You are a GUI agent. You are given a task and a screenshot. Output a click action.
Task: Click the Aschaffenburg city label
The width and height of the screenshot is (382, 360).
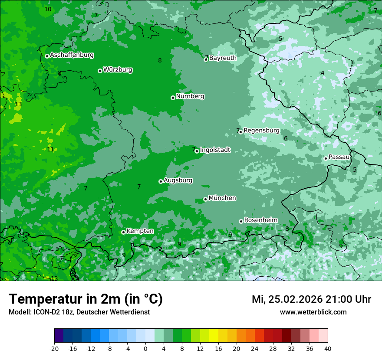pos(72,55)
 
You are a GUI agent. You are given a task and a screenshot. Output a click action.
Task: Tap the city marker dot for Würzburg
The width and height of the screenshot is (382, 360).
pos(100,71)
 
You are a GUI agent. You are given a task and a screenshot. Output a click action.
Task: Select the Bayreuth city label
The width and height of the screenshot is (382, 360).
pos(223,58)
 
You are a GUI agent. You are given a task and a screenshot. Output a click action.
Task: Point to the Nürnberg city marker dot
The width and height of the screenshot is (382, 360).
pos(173,98)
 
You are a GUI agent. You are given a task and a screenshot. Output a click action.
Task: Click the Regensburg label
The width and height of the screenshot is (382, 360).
pos(261,130)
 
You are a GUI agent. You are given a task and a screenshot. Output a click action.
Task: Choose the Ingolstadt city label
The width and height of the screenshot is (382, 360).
pos(215,150)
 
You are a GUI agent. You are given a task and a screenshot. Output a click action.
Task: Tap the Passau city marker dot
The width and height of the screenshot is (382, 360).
pos(326,158)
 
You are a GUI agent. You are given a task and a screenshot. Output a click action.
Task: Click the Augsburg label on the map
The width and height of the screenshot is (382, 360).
pos(178,180)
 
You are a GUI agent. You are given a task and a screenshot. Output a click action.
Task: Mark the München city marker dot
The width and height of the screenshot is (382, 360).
pos(205,200)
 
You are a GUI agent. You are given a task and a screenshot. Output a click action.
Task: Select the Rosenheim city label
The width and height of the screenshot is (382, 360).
pos(260,220)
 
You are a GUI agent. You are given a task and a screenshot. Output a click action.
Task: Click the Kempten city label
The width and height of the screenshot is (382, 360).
pos(140,231)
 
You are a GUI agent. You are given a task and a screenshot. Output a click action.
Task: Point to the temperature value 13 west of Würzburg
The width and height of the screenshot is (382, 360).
pos(18,105)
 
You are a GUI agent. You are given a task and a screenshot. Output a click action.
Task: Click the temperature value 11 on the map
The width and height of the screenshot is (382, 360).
pos(50,149)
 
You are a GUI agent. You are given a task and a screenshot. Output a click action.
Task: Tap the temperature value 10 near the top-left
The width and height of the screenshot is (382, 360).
pos(48,9)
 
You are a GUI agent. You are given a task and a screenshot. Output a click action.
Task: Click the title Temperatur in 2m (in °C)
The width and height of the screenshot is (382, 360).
pos(86,299)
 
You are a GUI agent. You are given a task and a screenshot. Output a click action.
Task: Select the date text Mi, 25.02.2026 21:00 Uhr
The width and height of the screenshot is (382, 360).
pos(311,299)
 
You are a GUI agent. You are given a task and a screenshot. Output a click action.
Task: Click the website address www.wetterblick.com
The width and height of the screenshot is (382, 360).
pos(313,312)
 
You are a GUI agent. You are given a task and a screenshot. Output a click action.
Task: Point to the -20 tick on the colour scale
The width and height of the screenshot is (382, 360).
pos(54,349)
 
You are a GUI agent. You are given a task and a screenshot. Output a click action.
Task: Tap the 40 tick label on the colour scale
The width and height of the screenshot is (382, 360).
pos(327,349)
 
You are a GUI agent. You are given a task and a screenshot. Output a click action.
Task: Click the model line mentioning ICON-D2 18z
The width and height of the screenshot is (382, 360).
pos(79,312)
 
